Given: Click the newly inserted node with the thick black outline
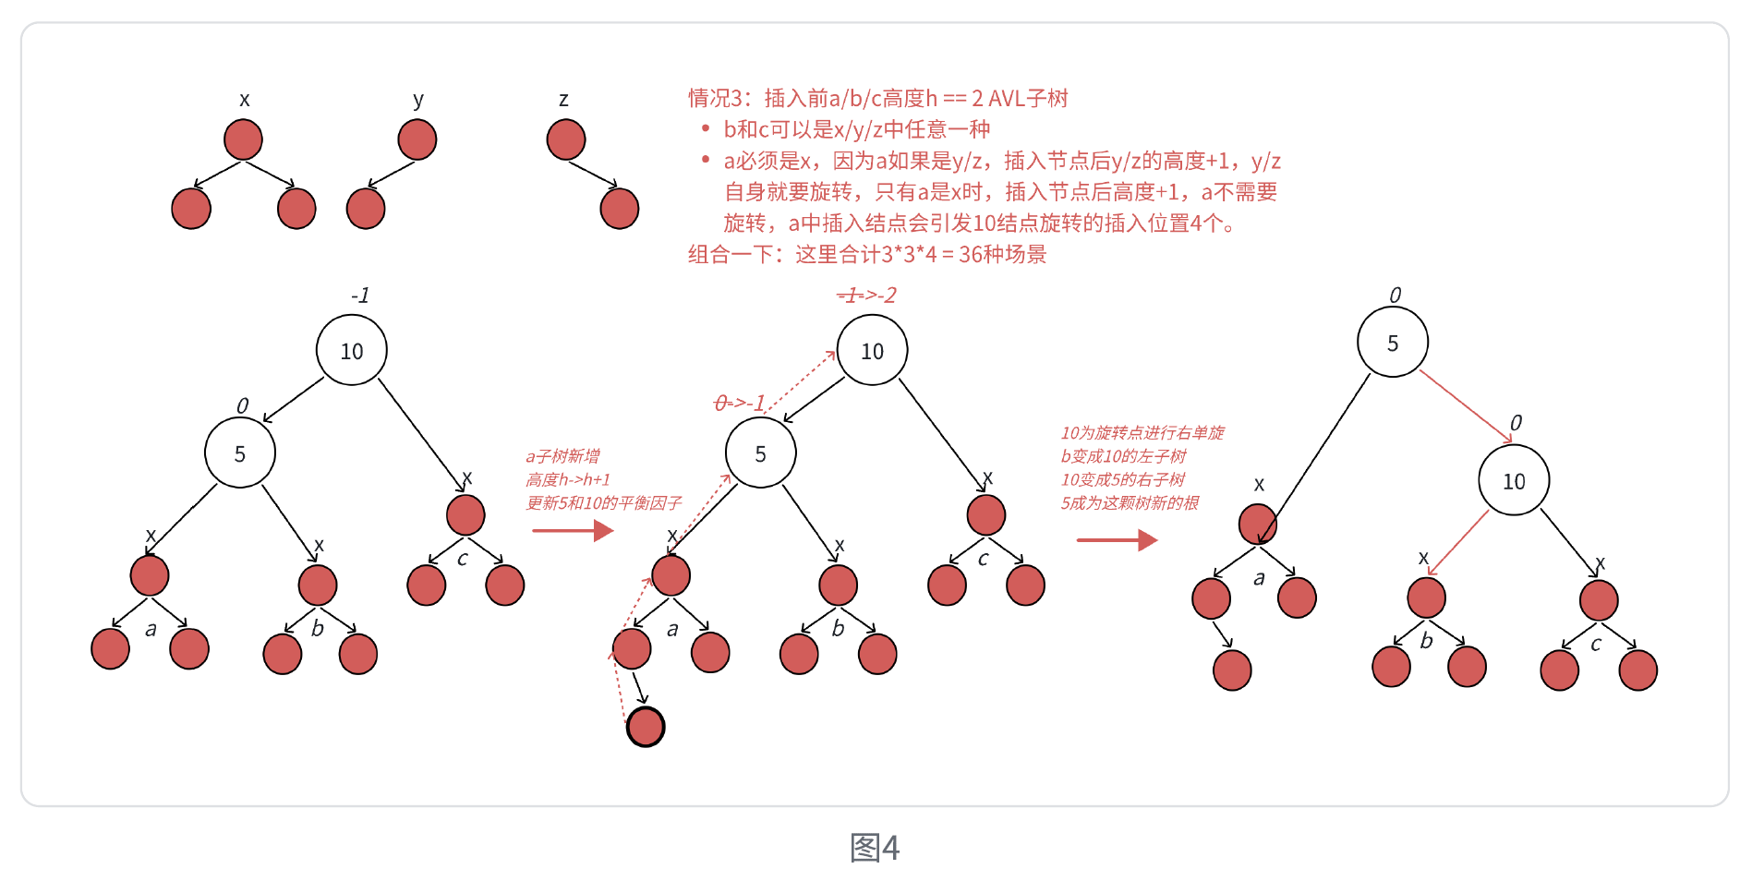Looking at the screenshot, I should pyautogui.click(x=646, y=727).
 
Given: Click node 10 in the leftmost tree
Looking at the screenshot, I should pyautogui.click(x=351, y=351).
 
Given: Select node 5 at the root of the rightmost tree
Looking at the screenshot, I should pyautogui.click(x=1393, y=343).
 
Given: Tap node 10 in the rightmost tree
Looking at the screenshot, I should pyautogui.click(x=1514, y=480).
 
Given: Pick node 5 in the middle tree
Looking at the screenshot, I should pyautogui.click(x=760, y=453).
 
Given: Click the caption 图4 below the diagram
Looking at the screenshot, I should pyautogui.click(x=874, y=847).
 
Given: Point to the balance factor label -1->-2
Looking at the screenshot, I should pyautogui.click(x=866, y=296).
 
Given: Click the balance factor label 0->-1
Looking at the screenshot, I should pyautogui.click(x=740, y=404).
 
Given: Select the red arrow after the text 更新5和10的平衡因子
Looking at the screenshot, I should pyautogui.click(x=573, y=530).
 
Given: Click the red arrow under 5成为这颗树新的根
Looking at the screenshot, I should pyautogui.click(x=1117, y=540).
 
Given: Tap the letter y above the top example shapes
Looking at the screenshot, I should pyautogui.click(x=418, y=100).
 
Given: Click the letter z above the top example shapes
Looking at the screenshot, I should pyautogui.click(x=563, y=100).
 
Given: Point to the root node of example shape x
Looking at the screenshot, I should pyautogui.click(x=243, y=140).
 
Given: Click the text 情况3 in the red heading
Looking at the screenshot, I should pyautogui.click(x=716, y=98).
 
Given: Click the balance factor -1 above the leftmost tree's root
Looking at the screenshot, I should pyautogui.click(x=360, y=296).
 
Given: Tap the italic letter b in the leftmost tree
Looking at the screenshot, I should pyautogui.click(x=318, y=629).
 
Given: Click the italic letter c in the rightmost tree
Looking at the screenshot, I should pyautogui.click(x=1596, y=645).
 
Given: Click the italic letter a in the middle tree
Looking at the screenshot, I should pyautogui.click(x=672, y=630).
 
